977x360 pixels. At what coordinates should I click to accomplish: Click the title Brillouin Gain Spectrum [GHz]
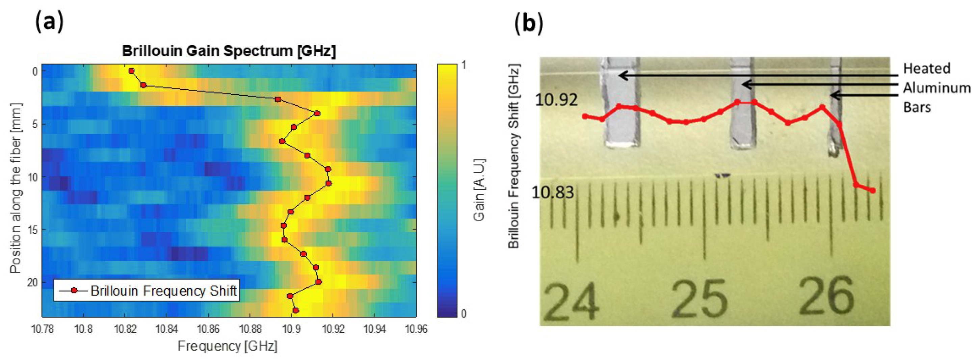pyautogui.click(x=229, y=51)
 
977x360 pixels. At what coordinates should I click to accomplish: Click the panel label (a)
pyautogui.click(x=49, y=22)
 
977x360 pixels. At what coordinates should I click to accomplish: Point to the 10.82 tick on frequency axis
pyautogui.click(x=125, y=329)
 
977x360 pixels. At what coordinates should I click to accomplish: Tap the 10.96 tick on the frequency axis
pyautogui.click(x=416, y=329)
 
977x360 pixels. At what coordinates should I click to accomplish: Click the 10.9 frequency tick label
pyautogui.click(x=291, y=329)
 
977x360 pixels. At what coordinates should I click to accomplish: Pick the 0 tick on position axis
pyautogui.click(x=35, y=71)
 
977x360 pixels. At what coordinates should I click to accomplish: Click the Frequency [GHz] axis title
pyautogui.click(x=228, y=346)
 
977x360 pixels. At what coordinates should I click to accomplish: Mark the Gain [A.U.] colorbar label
pyautogui.click(x=479, y=190)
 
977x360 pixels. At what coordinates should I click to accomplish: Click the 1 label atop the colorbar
pyautogui.click(x=464, y=65)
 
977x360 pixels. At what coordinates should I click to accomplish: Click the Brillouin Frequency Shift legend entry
pyautogui.click(x=163, y=290)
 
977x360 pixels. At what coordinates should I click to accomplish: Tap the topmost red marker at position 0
pyautogui.click(x=132, y=71)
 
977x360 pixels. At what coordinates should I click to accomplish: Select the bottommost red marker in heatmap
pyautogui.click(x=296, y=310)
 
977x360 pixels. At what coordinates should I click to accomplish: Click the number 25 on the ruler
pyautogui.click(x=700, y=298)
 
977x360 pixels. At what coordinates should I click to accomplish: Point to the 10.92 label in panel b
pyautogui.click(x=556, y=100)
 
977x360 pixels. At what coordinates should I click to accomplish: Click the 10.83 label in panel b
pyautogui.click(x=553, y=193)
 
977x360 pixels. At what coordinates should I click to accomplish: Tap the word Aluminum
pyautogui.click(x=936, y=88)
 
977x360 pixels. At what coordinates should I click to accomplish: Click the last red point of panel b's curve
pyautogui.click(x=873, y=190)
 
